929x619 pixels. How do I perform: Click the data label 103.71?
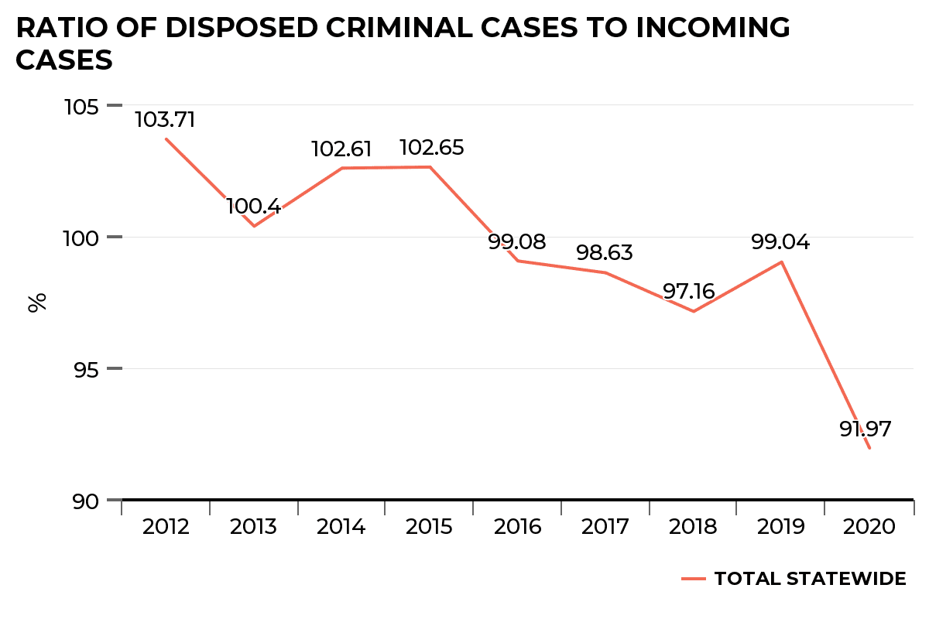point(165,120)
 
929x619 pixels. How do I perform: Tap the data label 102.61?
point(341,149)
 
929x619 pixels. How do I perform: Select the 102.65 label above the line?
point(431,148)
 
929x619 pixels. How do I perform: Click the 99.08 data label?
point(516,241)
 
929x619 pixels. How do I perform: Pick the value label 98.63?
point(605,253)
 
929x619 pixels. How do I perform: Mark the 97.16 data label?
point(689,292)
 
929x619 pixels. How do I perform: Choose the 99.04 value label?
point(780,242)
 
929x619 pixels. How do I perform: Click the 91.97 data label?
point(866,429)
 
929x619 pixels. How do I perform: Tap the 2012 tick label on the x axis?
point(166,527)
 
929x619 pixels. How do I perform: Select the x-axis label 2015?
point(430,527)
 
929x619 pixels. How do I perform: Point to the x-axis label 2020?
point(869,527)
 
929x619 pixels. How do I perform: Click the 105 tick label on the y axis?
point(81,106)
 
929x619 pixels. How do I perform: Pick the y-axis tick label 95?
point(87,369)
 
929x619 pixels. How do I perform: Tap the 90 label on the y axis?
point(87,501)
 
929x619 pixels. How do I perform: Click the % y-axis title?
point(37,302)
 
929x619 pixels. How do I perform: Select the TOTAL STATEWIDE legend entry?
point(809,579)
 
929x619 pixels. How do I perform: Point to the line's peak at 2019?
point(782,262)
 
